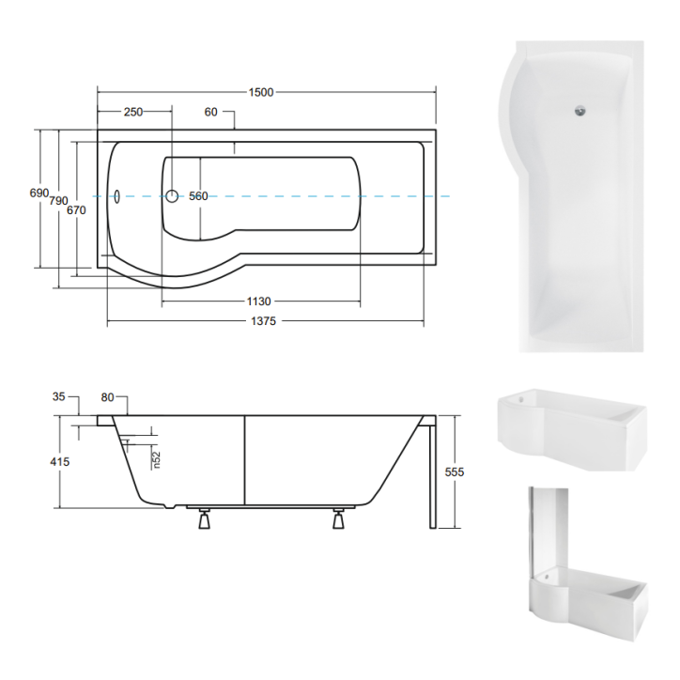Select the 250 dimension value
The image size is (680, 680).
tap(132, 112)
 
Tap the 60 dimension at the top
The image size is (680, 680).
tap(210, 112)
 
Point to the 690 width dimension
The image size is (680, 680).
tap(39, 193)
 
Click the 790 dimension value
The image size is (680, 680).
tap(58, 201)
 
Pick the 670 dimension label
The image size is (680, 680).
tap(77, 210)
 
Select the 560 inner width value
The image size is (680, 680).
tap(198, 196)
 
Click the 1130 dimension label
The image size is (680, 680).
tap(258, 301)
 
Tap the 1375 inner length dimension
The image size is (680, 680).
tap(266, 321)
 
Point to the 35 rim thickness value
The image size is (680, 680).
tap(59, 397)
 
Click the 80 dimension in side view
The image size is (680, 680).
tap(106, 397)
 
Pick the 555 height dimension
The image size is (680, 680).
tap(455, 471)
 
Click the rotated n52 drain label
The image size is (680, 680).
tap(158, 459)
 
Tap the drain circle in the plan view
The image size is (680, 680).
tap(173, 196)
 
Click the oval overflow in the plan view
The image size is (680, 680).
tap(116, 197)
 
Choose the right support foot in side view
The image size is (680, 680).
tap(338, 519)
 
